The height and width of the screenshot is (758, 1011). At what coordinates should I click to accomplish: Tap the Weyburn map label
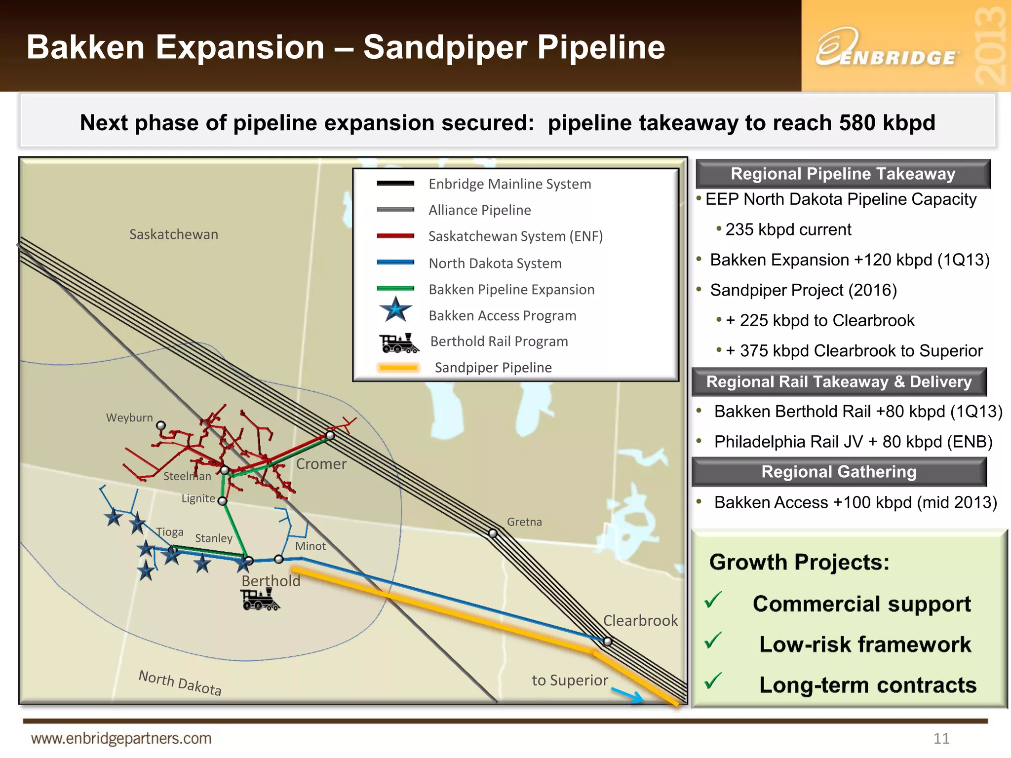(129, 418)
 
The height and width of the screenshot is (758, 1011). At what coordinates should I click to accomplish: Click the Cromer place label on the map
(321, 464)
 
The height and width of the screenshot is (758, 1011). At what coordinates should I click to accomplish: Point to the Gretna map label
(524, 522)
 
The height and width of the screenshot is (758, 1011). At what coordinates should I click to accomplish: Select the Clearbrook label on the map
(640, 621)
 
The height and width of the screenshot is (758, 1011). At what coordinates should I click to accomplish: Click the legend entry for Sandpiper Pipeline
(493, 368)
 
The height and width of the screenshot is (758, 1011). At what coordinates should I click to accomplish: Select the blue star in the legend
(395, 310)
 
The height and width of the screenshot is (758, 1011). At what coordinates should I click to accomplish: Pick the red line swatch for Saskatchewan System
(395, 236)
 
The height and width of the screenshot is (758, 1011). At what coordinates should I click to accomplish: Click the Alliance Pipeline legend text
(479, 210)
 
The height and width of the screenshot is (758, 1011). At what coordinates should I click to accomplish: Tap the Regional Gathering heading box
(839, 472)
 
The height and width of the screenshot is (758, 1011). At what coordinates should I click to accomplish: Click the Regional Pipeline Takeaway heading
(843, 174)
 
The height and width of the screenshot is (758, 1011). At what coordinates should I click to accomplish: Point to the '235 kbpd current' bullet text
(788, 230)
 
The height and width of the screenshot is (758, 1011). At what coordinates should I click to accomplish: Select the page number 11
(941, 738)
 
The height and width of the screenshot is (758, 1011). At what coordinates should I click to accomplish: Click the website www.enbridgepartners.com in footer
(121, 738)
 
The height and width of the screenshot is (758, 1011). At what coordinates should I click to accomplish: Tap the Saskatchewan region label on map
(173, 234)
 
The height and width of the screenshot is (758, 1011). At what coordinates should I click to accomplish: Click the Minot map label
(310, 546)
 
